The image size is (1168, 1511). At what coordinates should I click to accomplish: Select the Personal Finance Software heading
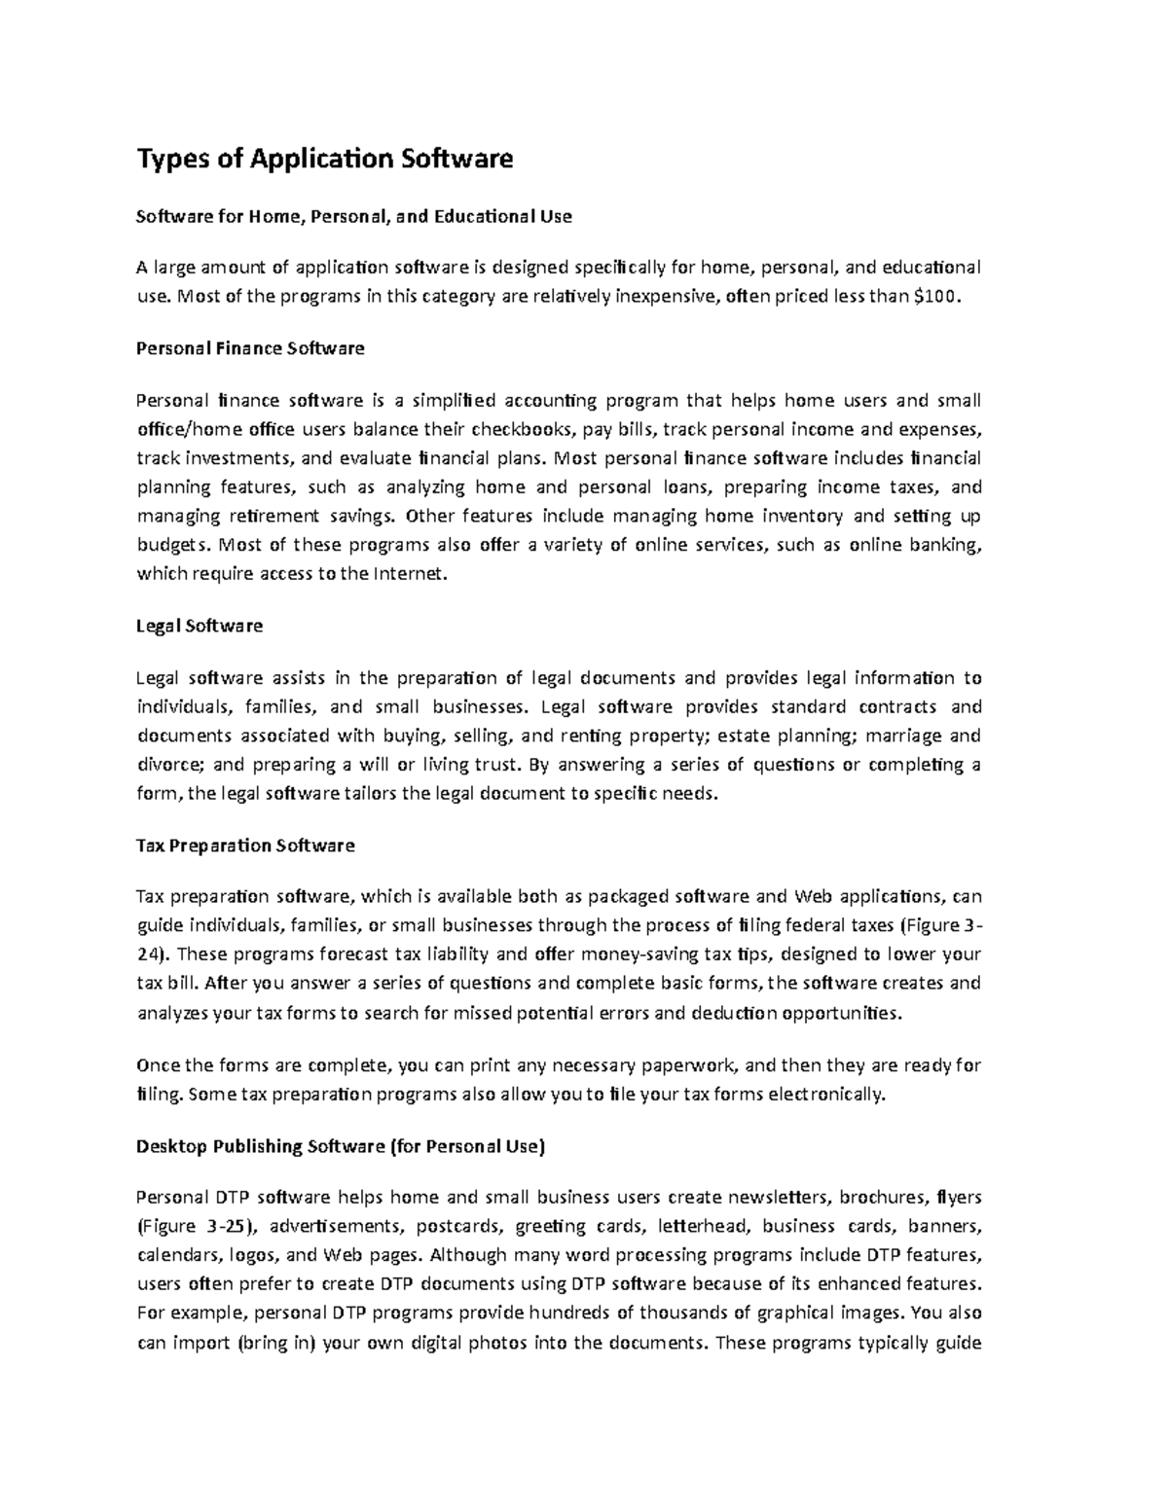250,348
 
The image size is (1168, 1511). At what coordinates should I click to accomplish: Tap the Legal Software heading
200,626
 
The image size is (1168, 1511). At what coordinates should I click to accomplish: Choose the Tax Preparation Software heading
245,845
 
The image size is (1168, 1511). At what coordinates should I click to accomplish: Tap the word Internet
412,574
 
